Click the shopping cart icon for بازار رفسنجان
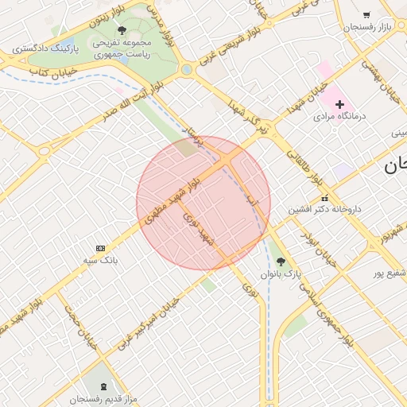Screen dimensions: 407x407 point(366,14)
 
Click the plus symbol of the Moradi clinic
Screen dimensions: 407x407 point(339,104)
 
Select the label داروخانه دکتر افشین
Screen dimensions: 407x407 point(324,209)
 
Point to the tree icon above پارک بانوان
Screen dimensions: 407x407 point(280,261)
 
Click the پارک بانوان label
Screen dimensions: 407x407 point(280,273)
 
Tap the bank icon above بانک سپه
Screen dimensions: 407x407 point(100,248)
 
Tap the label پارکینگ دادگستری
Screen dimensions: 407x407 point(45,49)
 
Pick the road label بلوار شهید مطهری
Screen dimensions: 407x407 point(172,200)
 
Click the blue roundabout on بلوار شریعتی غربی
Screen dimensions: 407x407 point(186,69)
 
